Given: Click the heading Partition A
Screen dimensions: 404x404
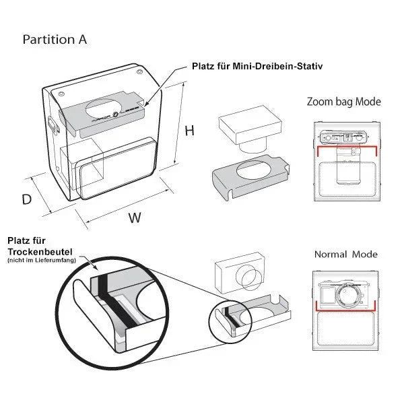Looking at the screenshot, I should (x=55, y=39).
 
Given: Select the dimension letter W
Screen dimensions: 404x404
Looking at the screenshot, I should (x=135, y=217).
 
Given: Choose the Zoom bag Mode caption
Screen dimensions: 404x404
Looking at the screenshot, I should (x=343, y=102).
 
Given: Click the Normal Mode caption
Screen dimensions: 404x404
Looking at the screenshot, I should (x=345, y=255).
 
